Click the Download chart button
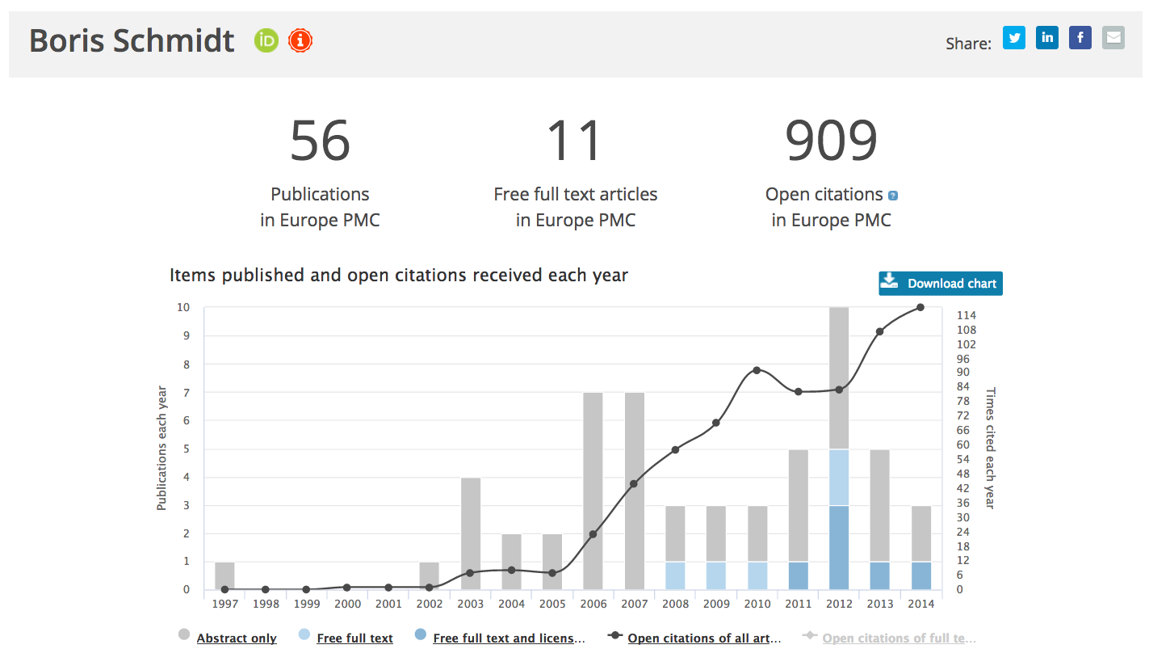click(941, 284)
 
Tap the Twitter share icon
click(1014, 37)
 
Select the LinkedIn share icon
click(1047, 37)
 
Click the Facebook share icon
click(1080, 37)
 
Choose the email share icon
click(1113, 37)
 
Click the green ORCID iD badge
click(266, 40)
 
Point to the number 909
click(831, 141)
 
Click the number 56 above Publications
click(320, 141)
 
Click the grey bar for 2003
click(471, 533)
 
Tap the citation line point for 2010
click(757, 370)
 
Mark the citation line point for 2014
click(920, 307)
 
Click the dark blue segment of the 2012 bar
click(839, 547)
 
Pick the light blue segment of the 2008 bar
click(675, 575)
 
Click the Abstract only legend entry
click(236, 638)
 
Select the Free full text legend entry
click(354, 638)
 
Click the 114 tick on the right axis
click(966, 315)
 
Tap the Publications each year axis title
click(161, 448)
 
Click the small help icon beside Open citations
click(893, 196)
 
